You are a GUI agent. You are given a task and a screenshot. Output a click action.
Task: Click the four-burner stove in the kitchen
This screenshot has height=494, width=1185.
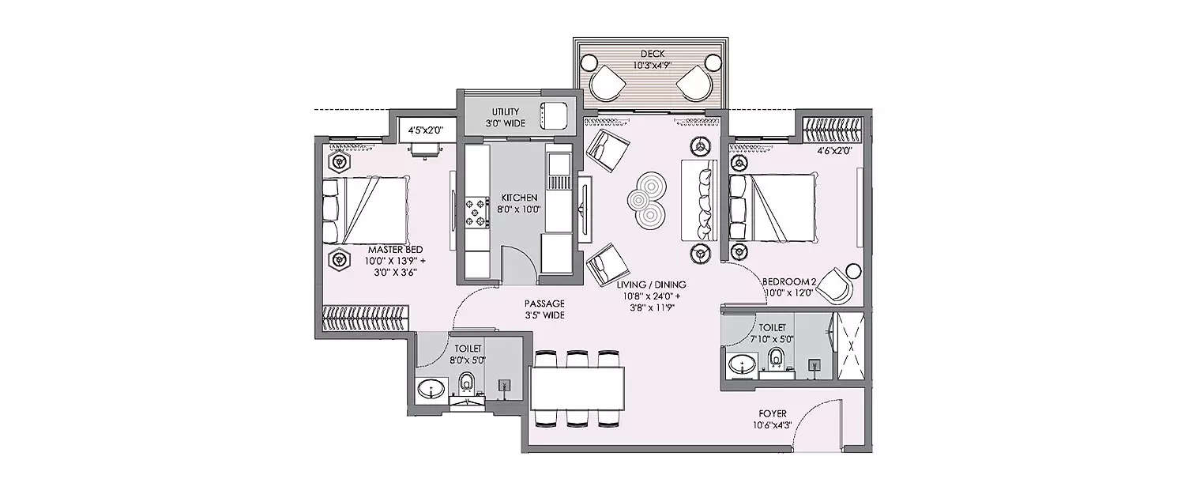[477, 212]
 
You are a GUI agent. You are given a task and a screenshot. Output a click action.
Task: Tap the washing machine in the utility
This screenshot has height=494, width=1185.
[552, 116]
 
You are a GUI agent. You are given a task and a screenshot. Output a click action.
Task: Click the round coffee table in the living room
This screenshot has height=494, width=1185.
[645, 200]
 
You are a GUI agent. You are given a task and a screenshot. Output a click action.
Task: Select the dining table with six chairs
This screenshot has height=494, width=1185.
[577, 388]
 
